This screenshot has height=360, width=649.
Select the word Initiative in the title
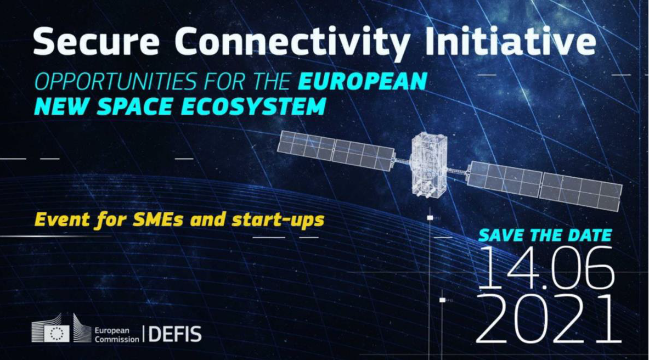(511, 41)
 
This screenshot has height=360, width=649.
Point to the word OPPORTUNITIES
(115, 82)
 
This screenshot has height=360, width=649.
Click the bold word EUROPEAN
(362, 81)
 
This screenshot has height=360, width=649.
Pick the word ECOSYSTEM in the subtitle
(253, 106)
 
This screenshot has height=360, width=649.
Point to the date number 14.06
(545, 268)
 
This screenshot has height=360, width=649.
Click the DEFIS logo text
(175, 334)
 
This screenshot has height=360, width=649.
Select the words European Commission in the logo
(117, 335)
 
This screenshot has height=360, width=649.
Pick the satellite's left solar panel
(335, 150)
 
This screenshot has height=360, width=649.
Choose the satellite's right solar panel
(545, 185)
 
